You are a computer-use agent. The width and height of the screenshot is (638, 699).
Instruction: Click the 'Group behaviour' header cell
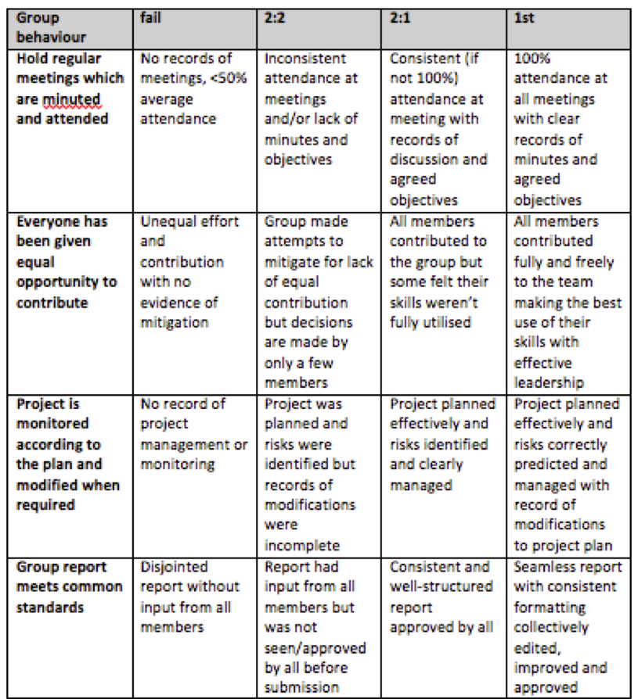pos(52,27)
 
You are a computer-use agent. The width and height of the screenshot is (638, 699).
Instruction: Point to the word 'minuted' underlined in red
pos(73,99)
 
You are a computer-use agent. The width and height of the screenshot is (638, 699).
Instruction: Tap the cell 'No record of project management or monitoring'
pos(193,434)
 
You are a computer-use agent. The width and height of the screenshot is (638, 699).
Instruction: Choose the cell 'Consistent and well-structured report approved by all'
pos(442,597)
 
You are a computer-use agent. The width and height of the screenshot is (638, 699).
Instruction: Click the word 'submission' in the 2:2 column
pos(301,687)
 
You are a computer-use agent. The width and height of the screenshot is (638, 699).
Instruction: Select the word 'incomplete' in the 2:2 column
pos(301,545)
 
